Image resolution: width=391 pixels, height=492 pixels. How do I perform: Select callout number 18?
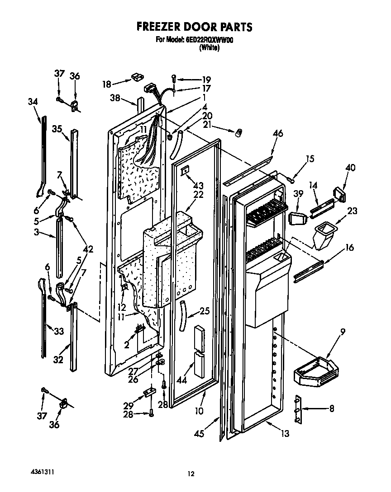(x=106, y=84)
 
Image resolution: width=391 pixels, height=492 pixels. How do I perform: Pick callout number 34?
(x=33, y=102)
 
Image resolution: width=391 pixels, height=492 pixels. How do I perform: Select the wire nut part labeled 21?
(x=238, y=133)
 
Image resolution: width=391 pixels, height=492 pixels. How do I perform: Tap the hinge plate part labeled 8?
(x=297, y=410)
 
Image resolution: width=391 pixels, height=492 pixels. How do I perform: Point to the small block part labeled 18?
(x=135, y=78)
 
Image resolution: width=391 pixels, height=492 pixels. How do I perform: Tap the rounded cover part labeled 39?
(x=296, y=220)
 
